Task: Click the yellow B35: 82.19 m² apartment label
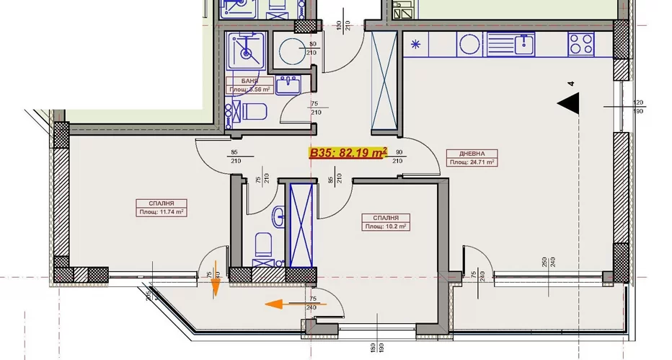coord(348,152)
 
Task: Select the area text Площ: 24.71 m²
coord(471,162)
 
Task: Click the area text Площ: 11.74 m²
coord(162,212)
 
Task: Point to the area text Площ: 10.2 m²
coord(386,226)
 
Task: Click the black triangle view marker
coord(569,104)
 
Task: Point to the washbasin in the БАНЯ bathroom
coord(290,83)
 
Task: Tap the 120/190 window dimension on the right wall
coord(638,107)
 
